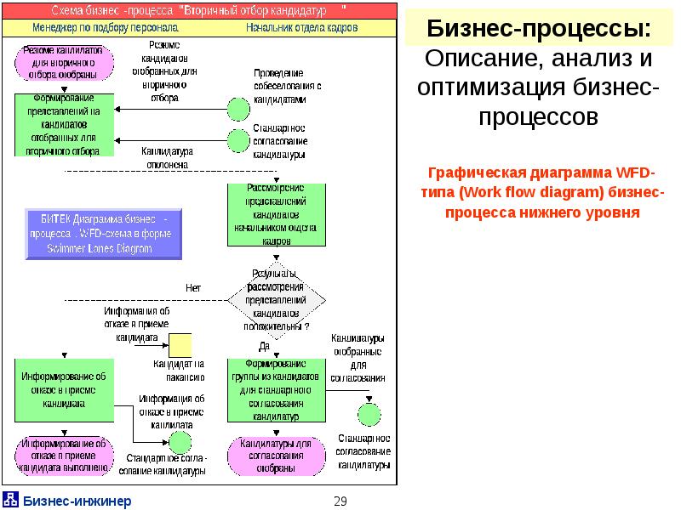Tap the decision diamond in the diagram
pos(277,299)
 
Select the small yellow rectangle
pos(180,345)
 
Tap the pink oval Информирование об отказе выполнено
pos(63,456)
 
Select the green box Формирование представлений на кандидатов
pos(63,124)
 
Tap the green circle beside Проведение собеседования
pos(238,110)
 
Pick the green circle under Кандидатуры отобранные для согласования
pos(368,414)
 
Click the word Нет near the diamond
pos(193,288)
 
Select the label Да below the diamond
pos(264,346)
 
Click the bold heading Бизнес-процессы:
pos(541,31)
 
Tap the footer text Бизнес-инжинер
pos(77,501)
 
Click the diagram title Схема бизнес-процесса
pos(199,11)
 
